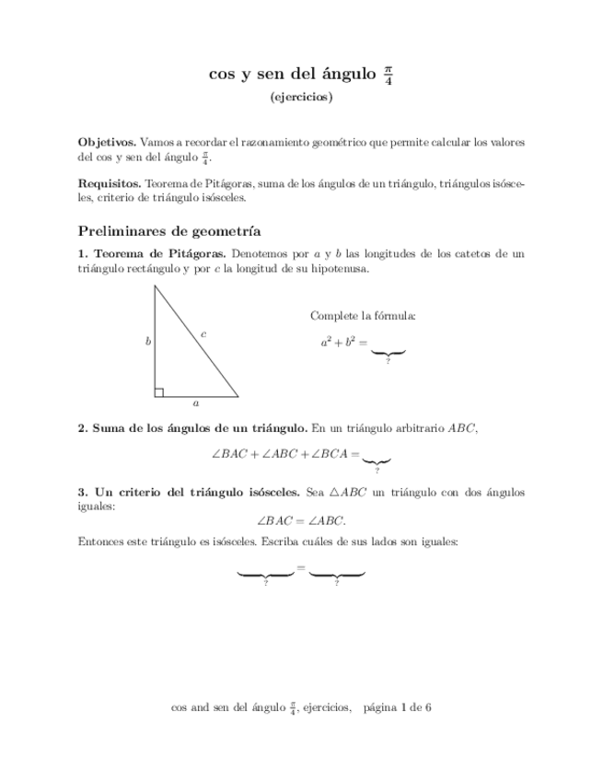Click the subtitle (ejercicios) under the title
[x=301, y=96]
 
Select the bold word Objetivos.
[x=107, y=143]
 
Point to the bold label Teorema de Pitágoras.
[x=161, y=253]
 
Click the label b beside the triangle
[x=147, y=342]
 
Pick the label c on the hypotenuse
[x=203, y=333]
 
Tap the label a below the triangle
[x=195, y=403]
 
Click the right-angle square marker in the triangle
[x=159, y=392]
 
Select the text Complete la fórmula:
[x=363, y=316]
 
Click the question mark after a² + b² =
[x=388, y=362]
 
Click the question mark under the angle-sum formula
[x=377, y=470]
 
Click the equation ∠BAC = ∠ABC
[x=301, y=519]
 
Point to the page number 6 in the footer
[x=429, y=707]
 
